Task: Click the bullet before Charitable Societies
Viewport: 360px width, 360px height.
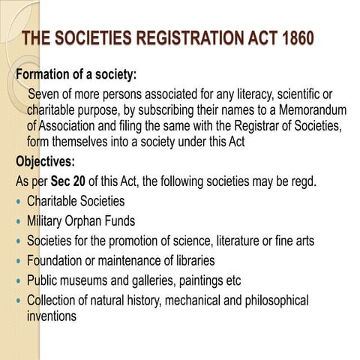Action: [18, 202]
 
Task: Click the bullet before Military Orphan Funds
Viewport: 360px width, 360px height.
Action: [18, 222]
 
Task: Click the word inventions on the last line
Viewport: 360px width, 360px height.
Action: [52, 316]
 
